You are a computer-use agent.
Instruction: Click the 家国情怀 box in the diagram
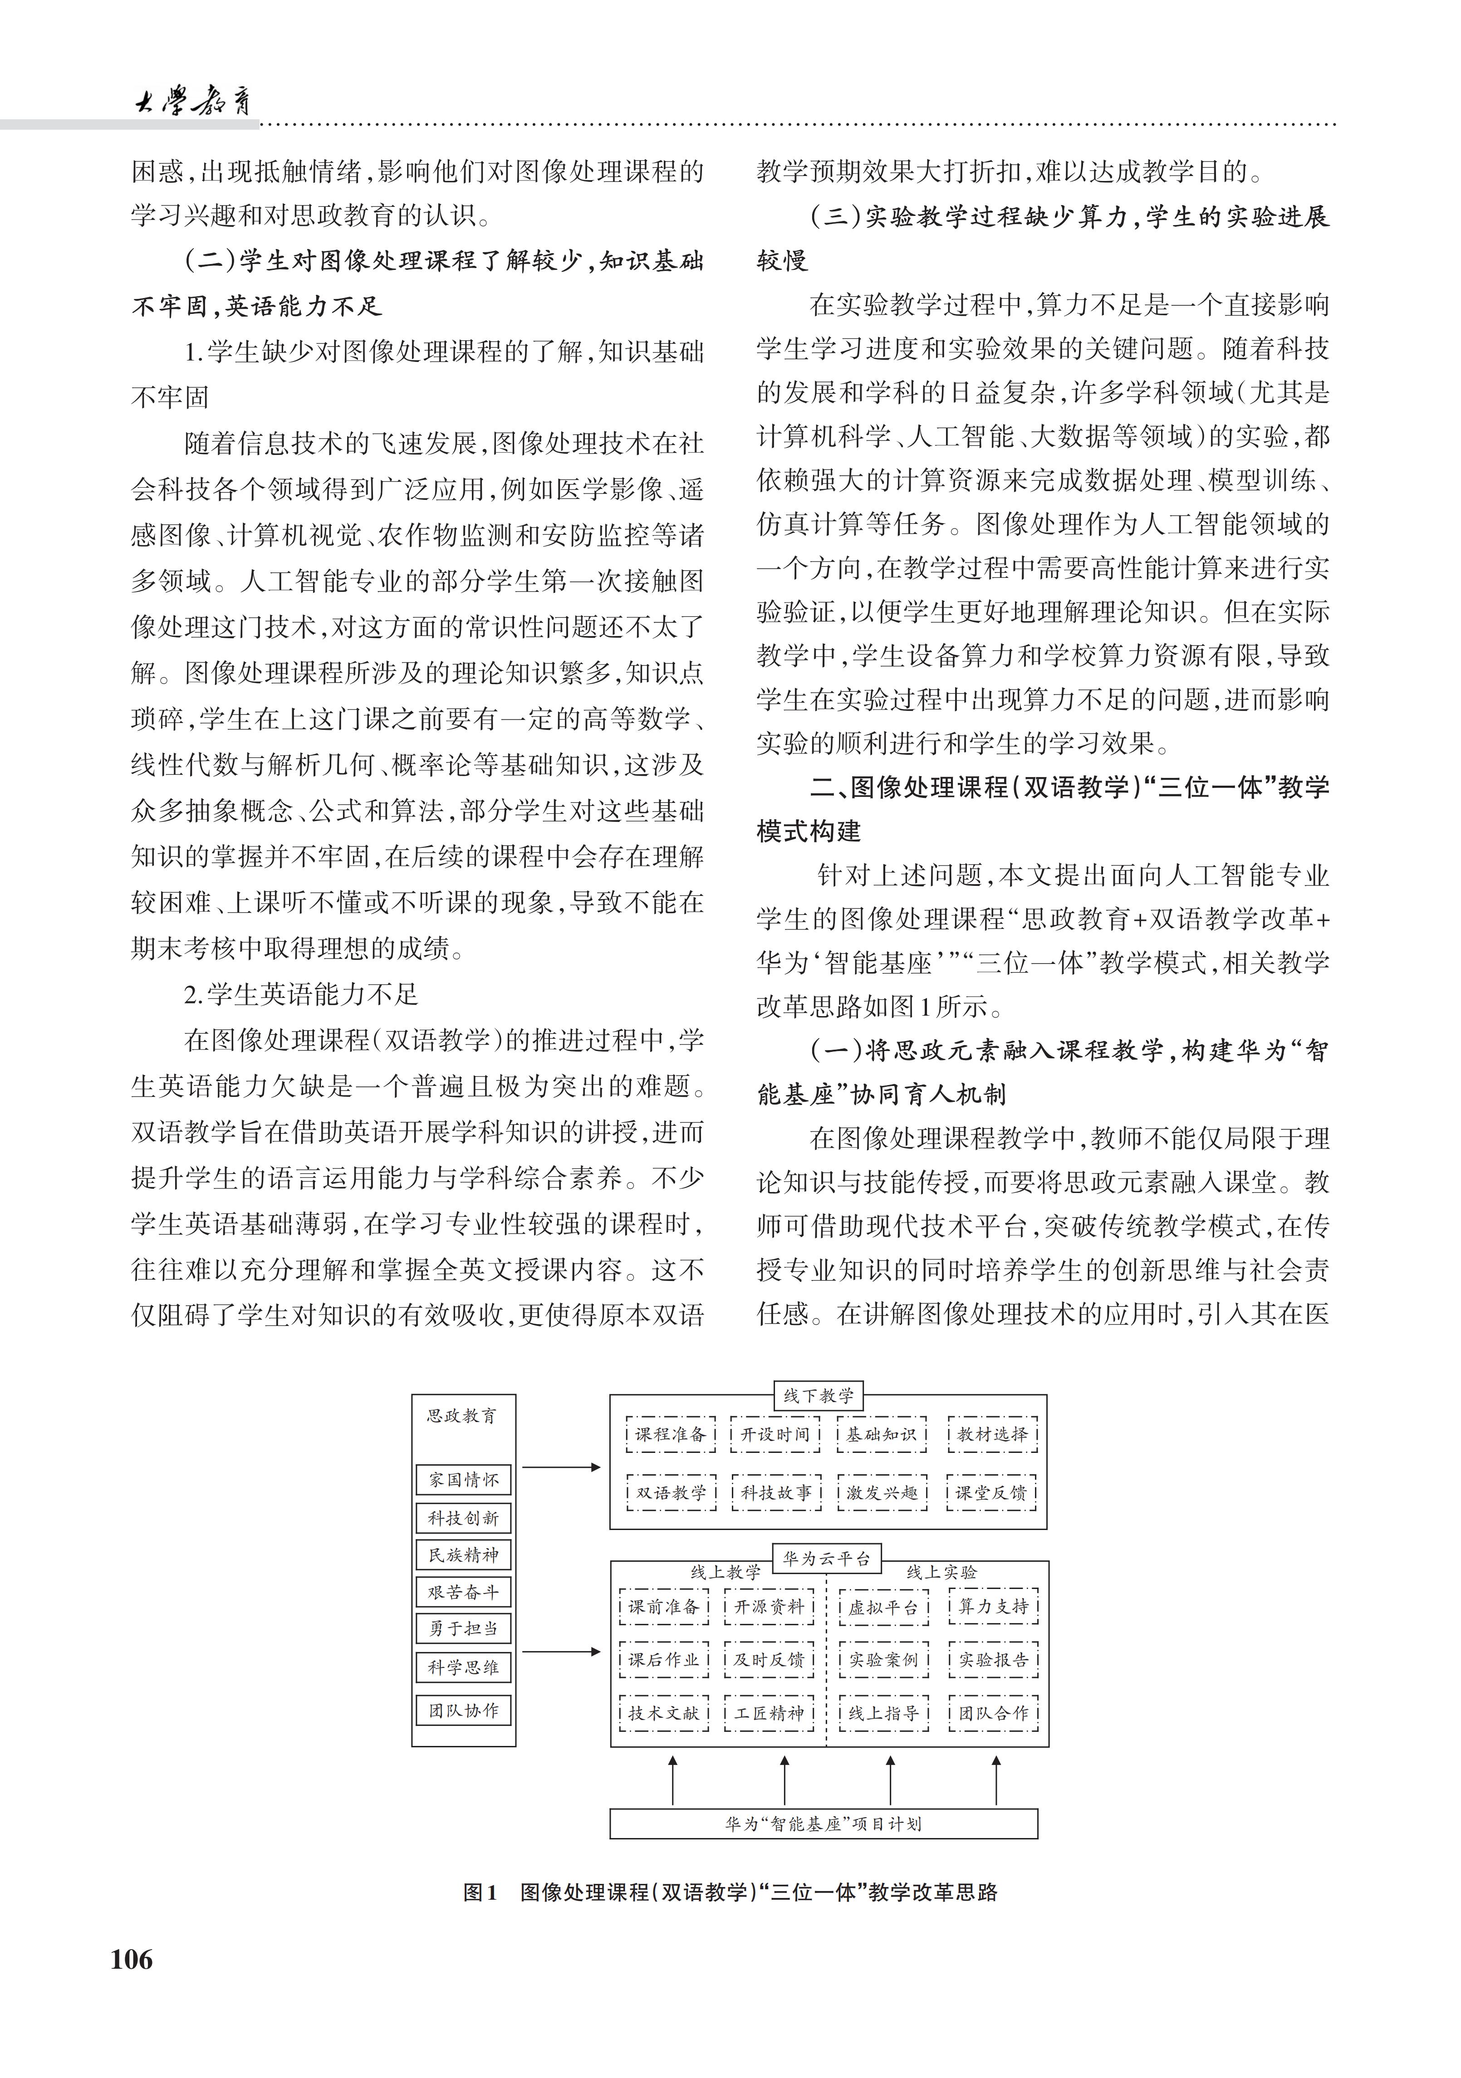463,1480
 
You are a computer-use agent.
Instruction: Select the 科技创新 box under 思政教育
463,1518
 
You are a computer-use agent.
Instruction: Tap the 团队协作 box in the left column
463,1711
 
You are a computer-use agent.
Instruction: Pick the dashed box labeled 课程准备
671,1434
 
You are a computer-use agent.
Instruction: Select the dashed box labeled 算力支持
993,1606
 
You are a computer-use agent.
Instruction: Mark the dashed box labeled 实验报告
993,1660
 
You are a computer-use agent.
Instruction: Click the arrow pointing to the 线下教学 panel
561,1467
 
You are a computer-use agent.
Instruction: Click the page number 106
132,1960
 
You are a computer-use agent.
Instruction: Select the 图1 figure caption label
480,1892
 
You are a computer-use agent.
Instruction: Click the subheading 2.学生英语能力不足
301,995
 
